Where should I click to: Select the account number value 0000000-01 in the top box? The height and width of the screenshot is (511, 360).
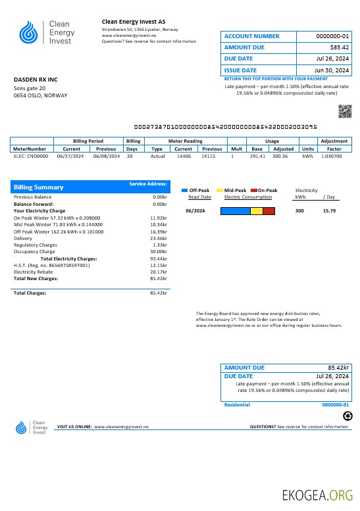point(333,36)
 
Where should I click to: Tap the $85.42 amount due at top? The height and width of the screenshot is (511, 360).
point(340,47)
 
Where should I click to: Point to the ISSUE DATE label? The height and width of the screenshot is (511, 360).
point(240,70)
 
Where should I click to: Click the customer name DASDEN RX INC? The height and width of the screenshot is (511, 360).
point(36,80)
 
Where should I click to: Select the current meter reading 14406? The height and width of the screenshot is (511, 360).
point(184,157)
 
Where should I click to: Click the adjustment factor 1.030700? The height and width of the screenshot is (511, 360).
point(334,157)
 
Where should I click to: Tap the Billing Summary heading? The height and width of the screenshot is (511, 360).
point(39,187)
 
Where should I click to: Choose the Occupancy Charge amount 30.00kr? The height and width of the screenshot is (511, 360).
point(159,251)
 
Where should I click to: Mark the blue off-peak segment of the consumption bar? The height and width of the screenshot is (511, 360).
point(235,211)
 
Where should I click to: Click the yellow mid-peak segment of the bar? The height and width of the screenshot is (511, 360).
point(257,211)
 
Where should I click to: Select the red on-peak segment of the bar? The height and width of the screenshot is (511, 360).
point(269,211)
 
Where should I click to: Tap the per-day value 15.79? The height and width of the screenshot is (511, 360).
point(330,210)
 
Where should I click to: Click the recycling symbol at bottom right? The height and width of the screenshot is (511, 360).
point(348,416)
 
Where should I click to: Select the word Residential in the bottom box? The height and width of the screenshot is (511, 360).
point(237,404)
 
